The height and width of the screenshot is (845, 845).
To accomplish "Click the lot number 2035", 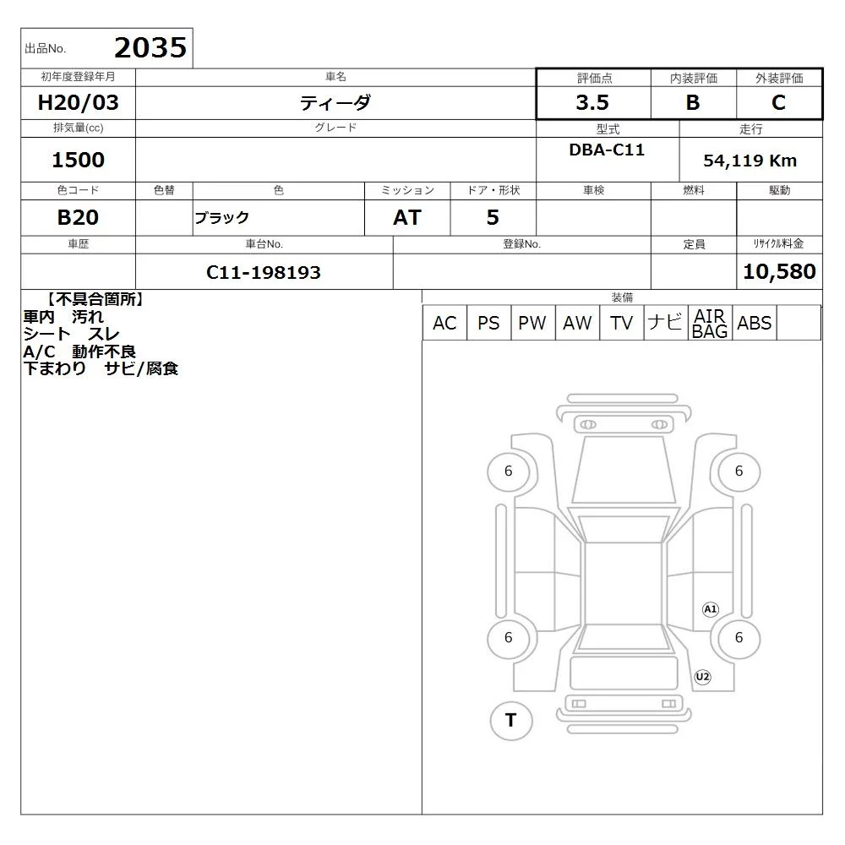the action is (150, 47).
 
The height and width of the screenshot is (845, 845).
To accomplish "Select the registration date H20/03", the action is (78, 102).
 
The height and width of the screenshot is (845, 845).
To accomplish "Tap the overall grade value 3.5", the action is (592, 102).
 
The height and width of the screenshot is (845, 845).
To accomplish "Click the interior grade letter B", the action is (693, 102).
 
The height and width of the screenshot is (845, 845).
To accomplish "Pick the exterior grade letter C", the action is (779, 102).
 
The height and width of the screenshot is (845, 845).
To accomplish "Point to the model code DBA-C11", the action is (607, 150).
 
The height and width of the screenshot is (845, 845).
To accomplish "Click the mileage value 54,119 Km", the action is (750, 161).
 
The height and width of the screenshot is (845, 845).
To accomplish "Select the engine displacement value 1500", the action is (78, 160).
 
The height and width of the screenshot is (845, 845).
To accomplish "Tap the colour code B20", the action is (78, 217).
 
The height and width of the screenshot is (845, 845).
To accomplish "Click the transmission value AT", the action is (407, 217).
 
